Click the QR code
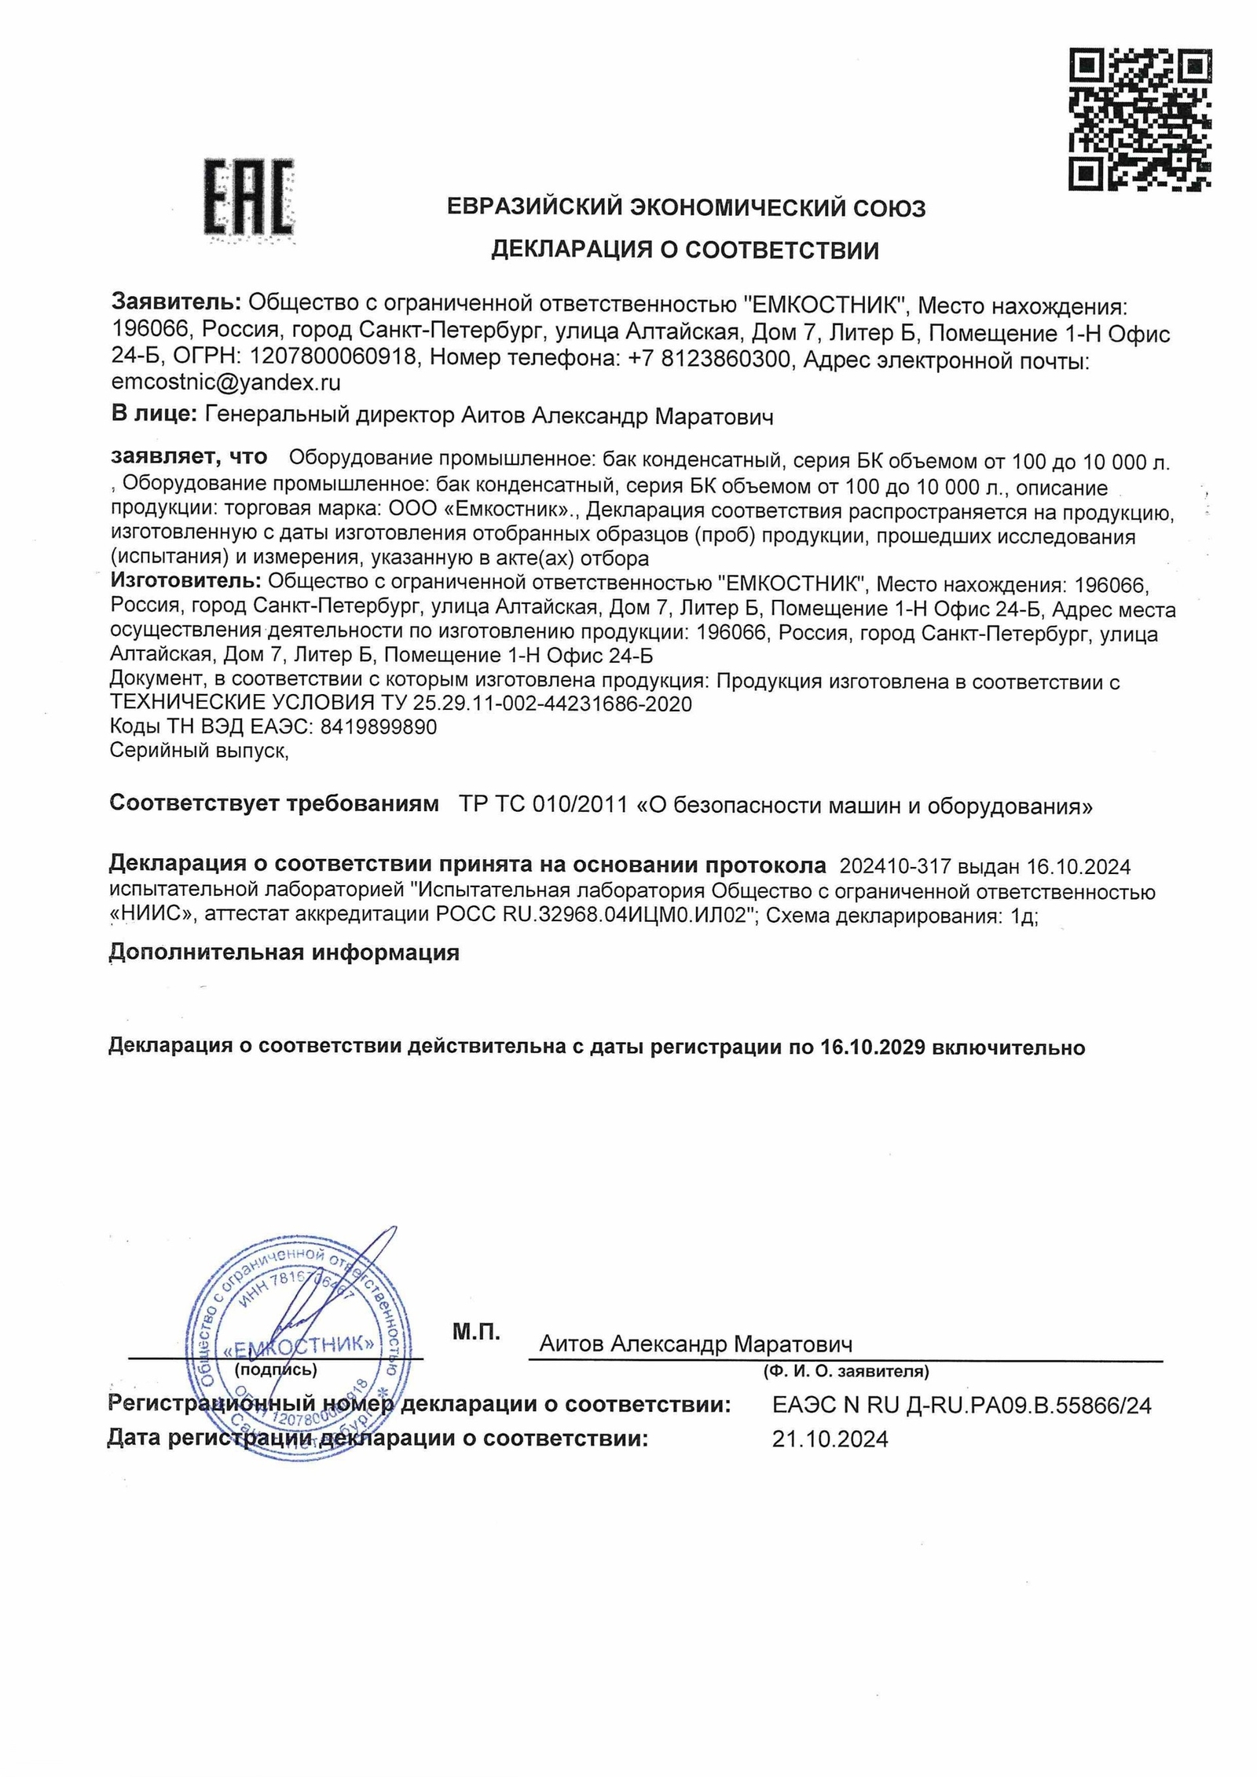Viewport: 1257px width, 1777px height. coord(1139,119)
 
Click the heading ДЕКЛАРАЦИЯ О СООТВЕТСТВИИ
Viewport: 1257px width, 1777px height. coord(684,250)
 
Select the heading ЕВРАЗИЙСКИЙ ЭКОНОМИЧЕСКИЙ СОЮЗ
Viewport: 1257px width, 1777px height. coord(686,208)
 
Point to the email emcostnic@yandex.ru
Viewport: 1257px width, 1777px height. coord(226,383)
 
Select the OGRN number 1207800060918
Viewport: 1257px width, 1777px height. coord(333,358)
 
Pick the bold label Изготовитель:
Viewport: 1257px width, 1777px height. coord(185,582)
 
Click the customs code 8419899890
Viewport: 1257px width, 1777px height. coord(378,727)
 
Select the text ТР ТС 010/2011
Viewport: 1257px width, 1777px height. coord(543,805)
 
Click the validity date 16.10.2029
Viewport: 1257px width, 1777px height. coord(873,1048)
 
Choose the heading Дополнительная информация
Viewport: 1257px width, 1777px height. coord(284,952)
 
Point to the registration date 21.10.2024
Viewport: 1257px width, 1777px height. coord(830,1439)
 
